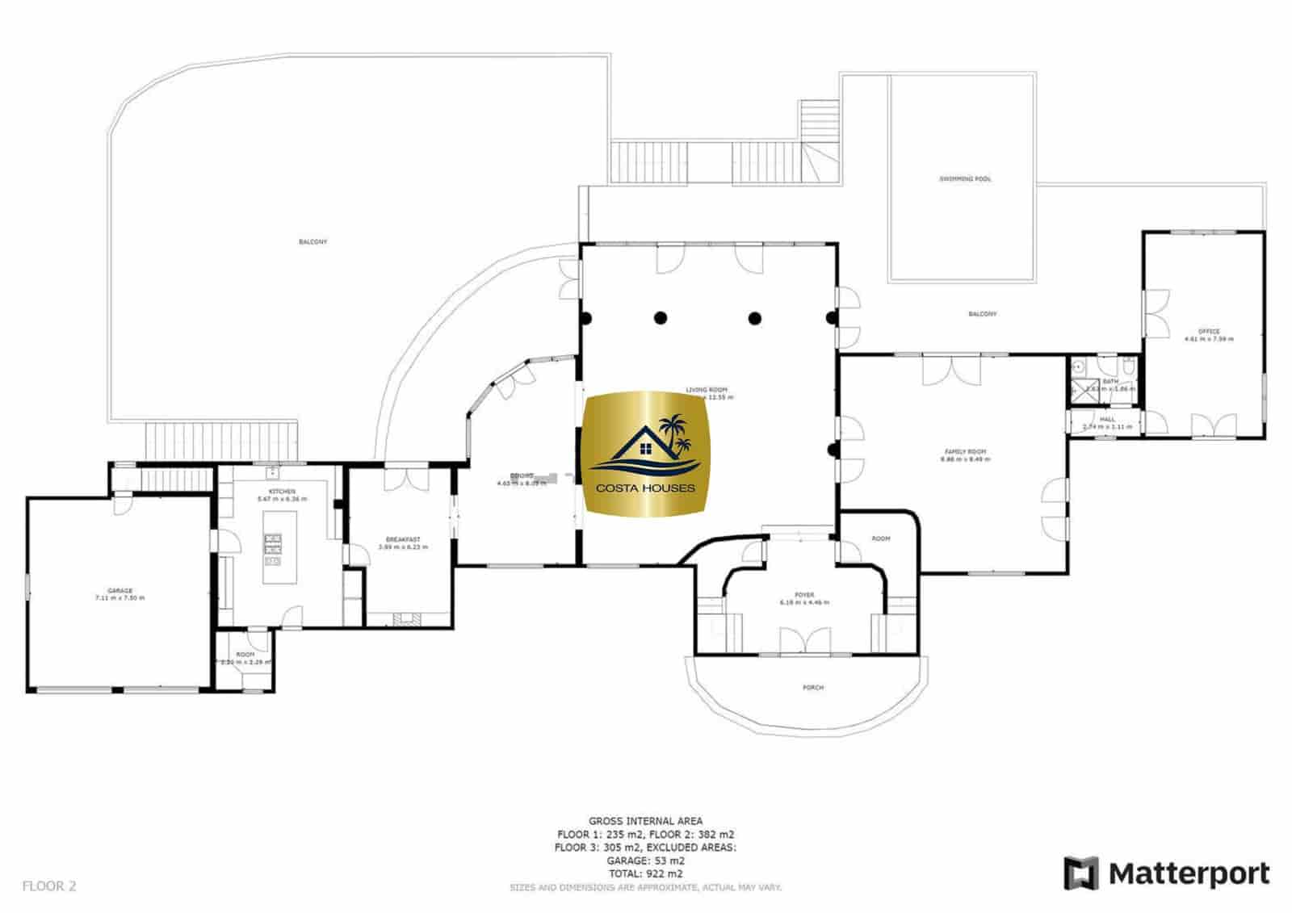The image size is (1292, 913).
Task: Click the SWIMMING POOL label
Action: pos(964,179)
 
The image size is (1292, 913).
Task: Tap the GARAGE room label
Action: pos(120,591)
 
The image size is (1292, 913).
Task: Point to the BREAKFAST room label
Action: pos(402,539)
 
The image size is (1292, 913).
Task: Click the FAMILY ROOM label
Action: pos(965,452)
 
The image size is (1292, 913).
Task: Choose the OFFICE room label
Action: pos(1208,331)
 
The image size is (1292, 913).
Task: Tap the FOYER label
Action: pos(803,596)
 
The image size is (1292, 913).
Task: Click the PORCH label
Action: pos(812,688)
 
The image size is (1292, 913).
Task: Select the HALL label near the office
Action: pos(1107,420)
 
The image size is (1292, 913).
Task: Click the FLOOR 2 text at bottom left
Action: pos(49,886)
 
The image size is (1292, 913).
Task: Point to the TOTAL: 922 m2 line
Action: pos(645,873)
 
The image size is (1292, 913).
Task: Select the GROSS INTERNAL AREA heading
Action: pos(645,821)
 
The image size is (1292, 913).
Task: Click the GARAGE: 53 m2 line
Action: pos(645,861)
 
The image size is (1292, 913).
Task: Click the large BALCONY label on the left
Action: pos(313,242)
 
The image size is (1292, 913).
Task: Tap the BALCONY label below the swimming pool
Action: pos(982,314)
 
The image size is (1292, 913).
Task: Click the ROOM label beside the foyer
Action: pos(880,538)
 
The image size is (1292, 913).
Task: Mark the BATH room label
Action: pos(1110,381)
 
